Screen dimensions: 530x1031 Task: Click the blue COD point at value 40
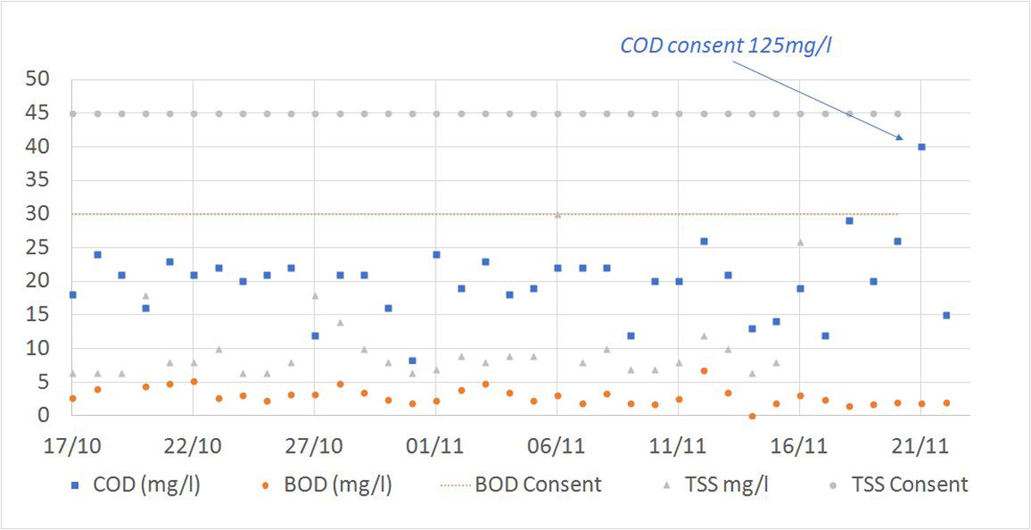point(921,147)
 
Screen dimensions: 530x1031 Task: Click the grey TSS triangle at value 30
point(558,214)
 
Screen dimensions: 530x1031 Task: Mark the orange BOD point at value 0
point(752,416)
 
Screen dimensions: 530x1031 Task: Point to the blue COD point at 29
point(849,221)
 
